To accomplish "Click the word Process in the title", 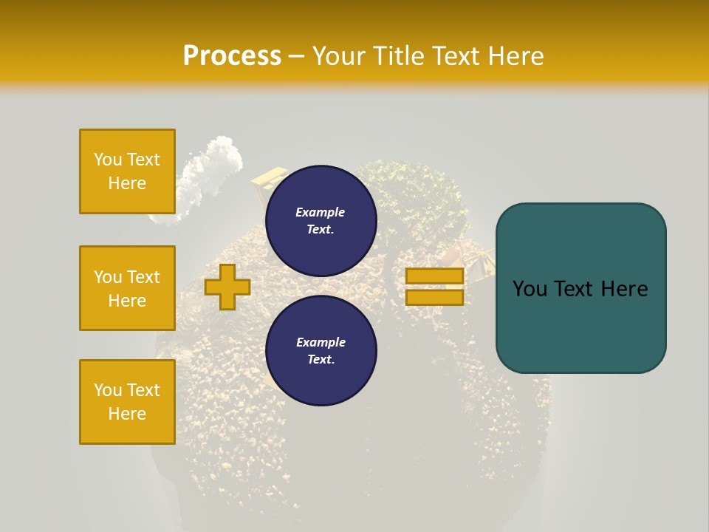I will (232, 56).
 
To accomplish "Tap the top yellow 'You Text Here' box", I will (127, 171).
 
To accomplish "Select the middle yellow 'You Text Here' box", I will (127, 288).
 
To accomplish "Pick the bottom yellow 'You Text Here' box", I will (127, 402).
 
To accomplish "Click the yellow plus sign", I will (227, 287).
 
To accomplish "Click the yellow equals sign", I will (434, 287).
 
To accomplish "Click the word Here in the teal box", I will (624, 289).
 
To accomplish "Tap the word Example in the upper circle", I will (320, 212).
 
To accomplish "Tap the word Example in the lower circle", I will (321, 342).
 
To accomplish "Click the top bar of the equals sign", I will (434, 276).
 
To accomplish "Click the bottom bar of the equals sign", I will (434, 298).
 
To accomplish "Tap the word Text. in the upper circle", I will (321, 229).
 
